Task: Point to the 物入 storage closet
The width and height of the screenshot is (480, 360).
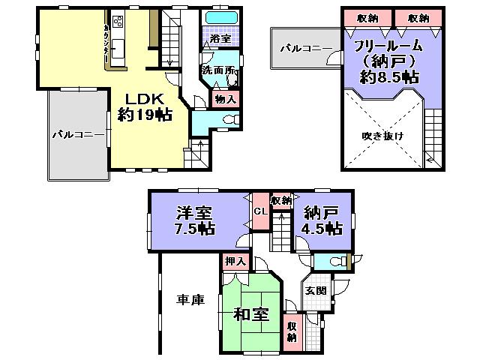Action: click(225, 98)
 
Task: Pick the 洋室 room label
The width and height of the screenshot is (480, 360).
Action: click(193, 212)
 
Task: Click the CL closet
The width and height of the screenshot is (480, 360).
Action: click(260, 211)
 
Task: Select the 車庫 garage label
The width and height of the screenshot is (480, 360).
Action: click(190, 300)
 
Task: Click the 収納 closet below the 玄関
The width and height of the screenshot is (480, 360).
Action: click(292, 331)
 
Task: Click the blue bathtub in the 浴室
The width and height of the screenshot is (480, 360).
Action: click(220, 16)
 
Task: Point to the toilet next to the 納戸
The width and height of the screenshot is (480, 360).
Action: click(335, 261)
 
